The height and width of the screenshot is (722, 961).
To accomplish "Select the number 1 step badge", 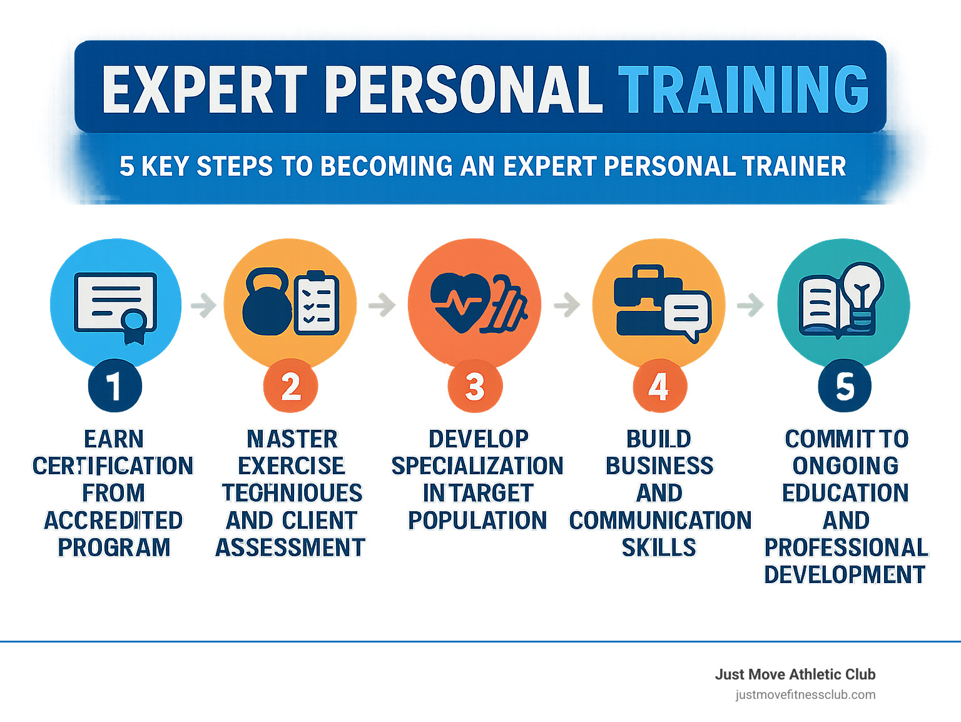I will [115, 386].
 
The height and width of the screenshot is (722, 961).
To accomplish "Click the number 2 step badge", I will [291, 386].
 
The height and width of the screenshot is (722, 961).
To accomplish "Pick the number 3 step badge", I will [475, 386].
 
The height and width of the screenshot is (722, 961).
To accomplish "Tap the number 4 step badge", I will [659, 386].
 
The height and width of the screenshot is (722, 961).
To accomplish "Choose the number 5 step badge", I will [845, 386].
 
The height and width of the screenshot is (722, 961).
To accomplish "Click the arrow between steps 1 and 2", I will [203, 305].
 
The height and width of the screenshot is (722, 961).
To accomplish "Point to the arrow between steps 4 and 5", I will [751, 305].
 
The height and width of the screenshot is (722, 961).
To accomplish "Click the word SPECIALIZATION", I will [477, 466].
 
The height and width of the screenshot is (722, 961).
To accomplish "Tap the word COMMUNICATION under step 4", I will [660, 521].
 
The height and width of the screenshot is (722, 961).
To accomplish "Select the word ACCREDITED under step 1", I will [113, 521].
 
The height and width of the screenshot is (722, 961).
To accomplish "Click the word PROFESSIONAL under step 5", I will [846, 547].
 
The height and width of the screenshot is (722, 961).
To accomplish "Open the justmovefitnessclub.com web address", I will [805, 694].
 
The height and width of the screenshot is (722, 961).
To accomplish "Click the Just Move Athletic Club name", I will [795, 674].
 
